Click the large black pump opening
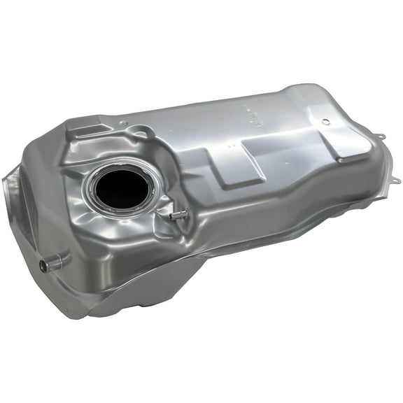point(121,188)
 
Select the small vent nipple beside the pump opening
point(178,215)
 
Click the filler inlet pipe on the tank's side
point(56,262)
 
